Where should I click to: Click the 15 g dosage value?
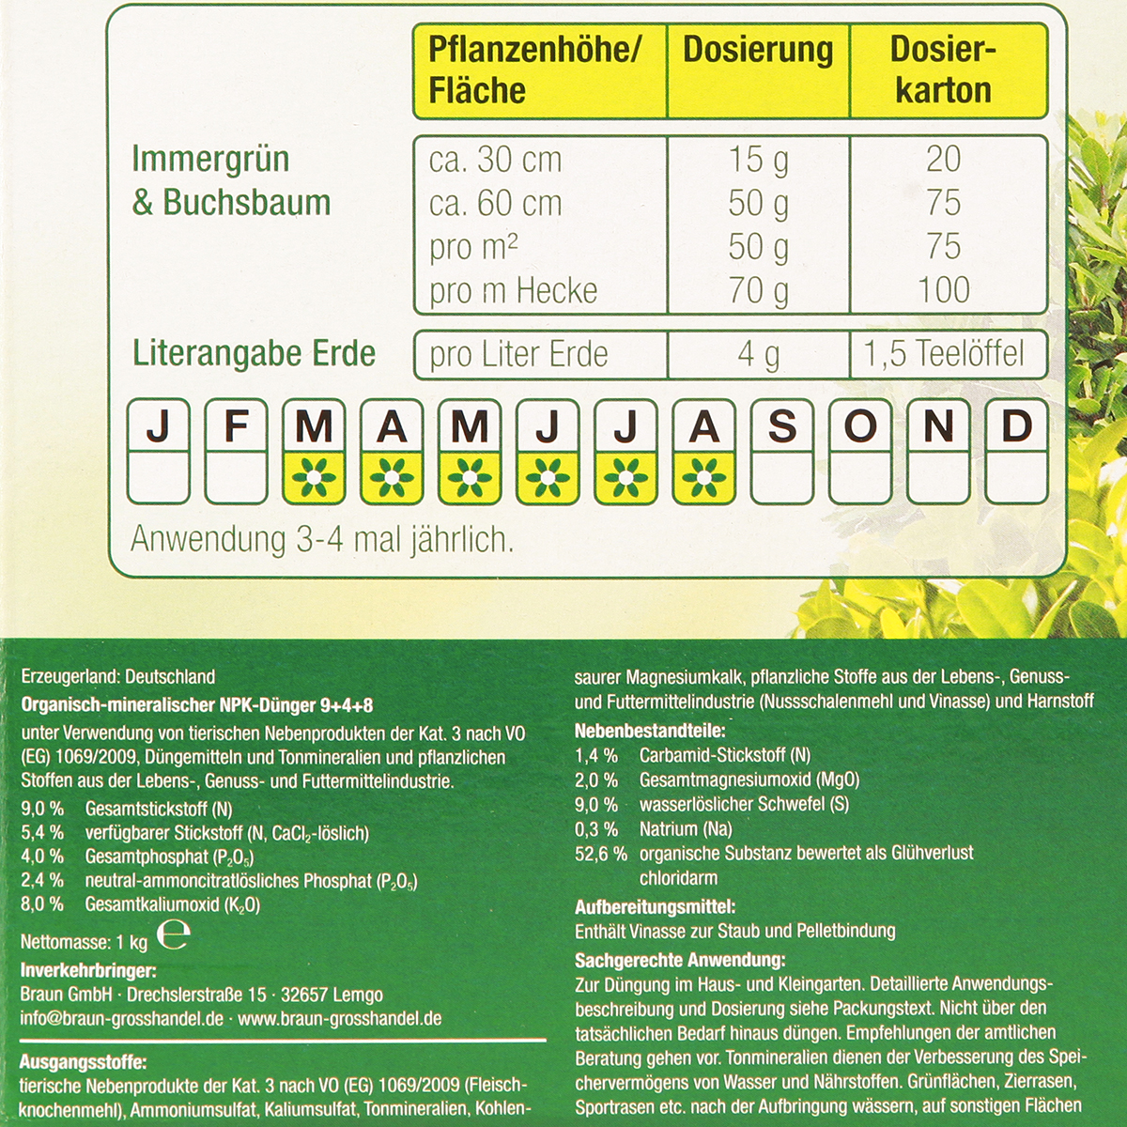coord(758,160)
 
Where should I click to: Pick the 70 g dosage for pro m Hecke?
coord(758,291)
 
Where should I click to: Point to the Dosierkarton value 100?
coord(944,291)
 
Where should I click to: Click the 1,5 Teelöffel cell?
coord(944,354)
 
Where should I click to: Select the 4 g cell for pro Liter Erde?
coord(758,354)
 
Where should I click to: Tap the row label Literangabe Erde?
coord(254,354)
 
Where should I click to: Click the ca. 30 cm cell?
coord(496,160)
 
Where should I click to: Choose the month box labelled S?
coord(782,451)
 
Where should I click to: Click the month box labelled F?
coord(236,451)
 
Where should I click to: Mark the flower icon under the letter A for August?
coord(704,477)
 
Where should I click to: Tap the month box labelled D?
coord(1017,451)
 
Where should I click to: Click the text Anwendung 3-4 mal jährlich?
coord(322,540)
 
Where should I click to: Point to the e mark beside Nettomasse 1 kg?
coord(173,937)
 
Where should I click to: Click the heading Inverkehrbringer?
coord(88,971)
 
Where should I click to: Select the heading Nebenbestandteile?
coord(650,731)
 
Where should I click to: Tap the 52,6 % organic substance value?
coord(600,854)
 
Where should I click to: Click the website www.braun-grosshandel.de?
coord(339,1019)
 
